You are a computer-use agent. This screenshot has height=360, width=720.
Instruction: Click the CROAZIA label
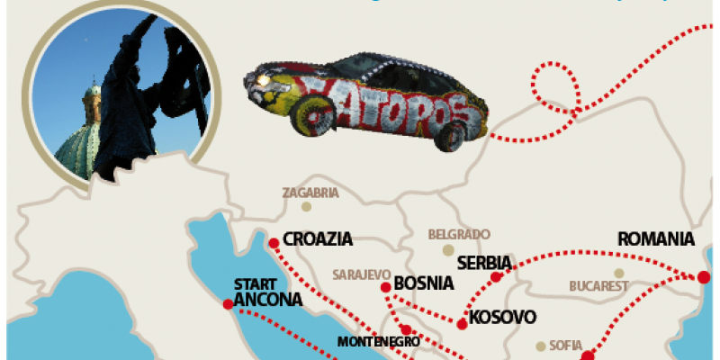317,240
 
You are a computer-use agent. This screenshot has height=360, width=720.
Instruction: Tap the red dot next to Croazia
273,242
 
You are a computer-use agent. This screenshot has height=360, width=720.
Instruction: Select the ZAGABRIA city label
310,193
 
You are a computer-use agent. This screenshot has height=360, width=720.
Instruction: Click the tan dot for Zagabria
306,206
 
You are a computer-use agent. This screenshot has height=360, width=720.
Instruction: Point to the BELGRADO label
459,233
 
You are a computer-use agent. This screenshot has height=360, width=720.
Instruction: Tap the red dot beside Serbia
495,276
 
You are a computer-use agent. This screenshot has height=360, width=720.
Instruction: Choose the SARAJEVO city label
360,273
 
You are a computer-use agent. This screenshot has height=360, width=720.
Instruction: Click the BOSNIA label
424,283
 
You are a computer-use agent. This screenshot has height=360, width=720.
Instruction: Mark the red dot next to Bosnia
385,287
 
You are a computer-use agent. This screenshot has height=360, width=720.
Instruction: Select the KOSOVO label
503,317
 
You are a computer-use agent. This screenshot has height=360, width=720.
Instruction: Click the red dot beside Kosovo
462,324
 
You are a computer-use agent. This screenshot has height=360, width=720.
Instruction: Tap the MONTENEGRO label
379,342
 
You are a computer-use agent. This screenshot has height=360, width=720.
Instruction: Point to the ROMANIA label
656,239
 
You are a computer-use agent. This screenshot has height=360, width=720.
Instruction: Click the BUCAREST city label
598,286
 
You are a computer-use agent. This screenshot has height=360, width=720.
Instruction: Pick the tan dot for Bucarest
618,273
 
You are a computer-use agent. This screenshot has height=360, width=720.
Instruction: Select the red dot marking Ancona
227,303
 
